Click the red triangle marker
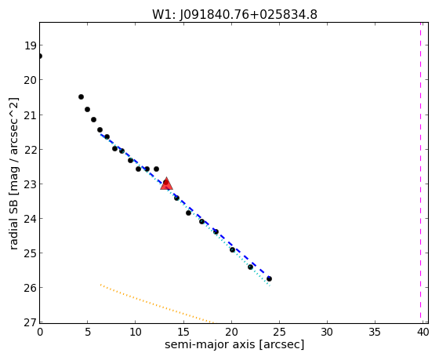[x=166, y=184]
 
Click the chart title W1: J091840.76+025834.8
[x=234, y=15]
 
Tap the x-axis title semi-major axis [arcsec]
[x=234, y=344]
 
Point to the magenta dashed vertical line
[x=420, y=170]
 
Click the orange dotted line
[x=157, y=304]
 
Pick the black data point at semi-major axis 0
[x=40, y=56]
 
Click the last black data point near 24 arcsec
[x=269, y=278]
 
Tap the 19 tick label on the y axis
[x=30, y=45]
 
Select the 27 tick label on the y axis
[x=30, y=322]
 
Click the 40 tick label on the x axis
[x=423, y=333]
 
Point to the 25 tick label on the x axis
[x=279, y=333]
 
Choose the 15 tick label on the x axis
[x=183, y=333]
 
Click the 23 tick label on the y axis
[x=30, y=184]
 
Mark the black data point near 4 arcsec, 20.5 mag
[x=82, y=97]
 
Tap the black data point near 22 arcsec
[x=250, y=267]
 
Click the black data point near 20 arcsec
[x=232, y=249]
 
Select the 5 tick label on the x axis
[x=88, y=333]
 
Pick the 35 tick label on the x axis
[x=375, y=333]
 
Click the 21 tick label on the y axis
[x=30, y=115]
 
